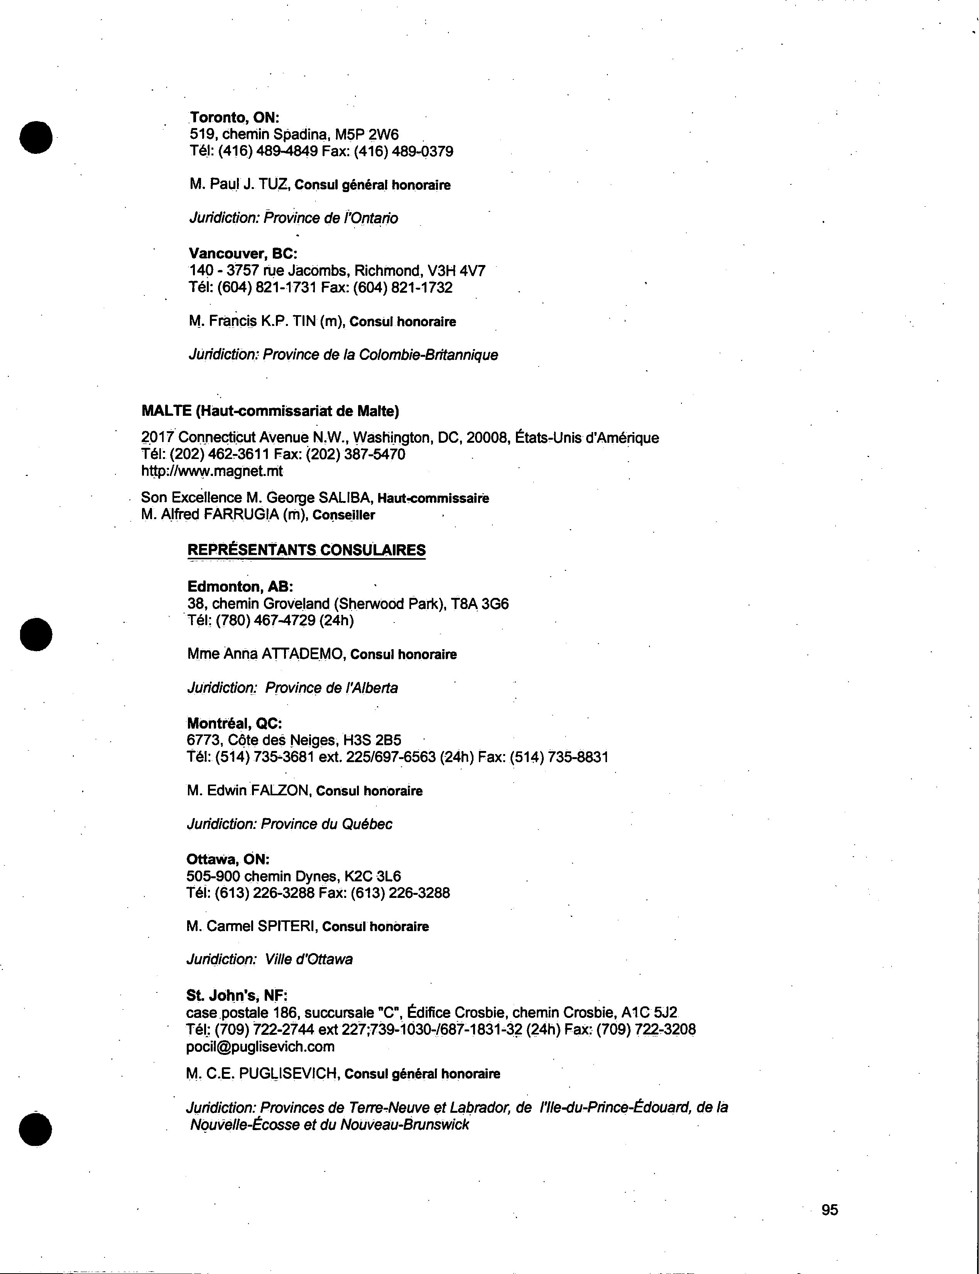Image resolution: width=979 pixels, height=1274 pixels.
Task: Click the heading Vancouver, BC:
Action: [x=243, y=253]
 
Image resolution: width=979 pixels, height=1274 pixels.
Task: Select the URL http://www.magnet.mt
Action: [x=212, y=471]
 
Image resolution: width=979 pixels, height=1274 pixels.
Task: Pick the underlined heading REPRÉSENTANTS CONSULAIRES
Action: [x=306, y=550]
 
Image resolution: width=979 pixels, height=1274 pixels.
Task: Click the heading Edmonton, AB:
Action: [x=240, y=587]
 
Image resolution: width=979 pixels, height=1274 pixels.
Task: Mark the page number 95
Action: [x=830, y=1210]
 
